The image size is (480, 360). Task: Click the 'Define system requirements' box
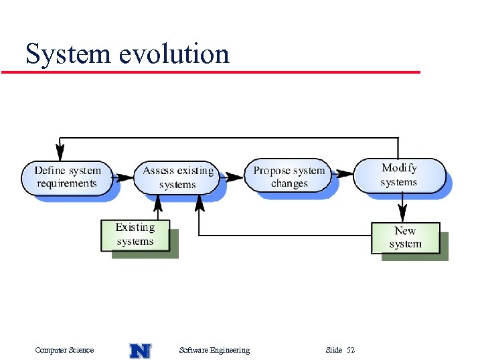pos(66,177)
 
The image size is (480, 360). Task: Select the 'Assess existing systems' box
pos(177,177)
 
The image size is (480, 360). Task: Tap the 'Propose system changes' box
pos(289,177)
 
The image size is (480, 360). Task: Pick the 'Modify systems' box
pos(398,175)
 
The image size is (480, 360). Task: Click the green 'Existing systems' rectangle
pos(135,235)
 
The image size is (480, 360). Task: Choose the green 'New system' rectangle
pos(406,238)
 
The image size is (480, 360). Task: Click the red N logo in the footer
pos(140,350)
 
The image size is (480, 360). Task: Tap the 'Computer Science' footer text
pos(64,350)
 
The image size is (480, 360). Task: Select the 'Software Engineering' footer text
pos(214,350)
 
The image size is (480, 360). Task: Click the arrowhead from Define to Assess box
pos(126,177)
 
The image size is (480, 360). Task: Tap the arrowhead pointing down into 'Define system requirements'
pos(61,151)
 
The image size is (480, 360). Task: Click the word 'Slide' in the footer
pos(333,350)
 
